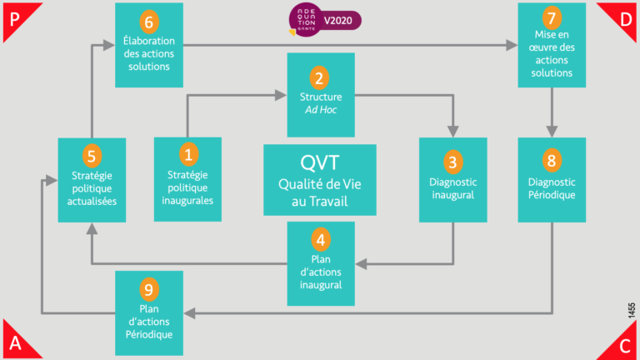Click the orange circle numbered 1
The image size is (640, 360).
(187, 154)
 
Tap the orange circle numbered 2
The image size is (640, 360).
(318, 79)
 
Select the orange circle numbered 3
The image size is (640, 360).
(452, 161)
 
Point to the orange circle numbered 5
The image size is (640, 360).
(92, 155)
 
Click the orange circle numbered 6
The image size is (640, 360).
(149, 21)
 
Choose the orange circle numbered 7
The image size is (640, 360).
(551, 18)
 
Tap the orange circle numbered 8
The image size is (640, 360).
(551, 161)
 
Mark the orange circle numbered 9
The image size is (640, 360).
(149, 289)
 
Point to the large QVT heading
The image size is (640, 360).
(320, 161)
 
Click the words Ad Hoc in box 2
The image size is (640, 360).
(321, 110)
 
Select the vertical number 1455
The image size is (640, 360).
(632, 310)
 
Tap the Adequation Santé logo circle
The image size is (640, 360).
(303, 19)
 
